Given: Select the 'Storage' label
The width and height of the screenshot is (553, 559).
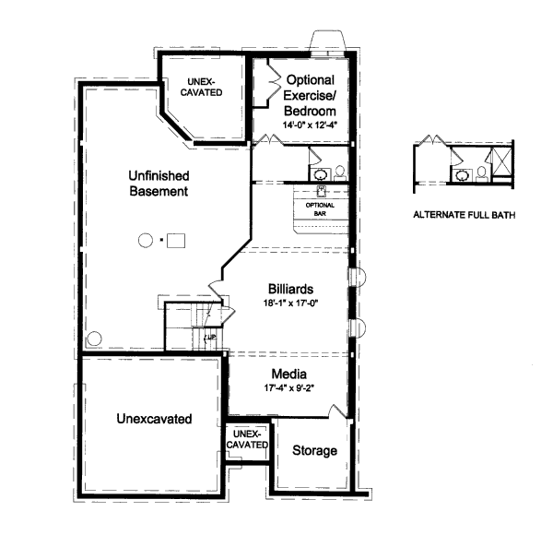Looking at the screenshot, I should coord(314,450).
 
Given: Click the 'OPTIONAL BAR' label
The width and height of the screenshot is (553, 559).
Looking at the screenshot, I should coord(321,208).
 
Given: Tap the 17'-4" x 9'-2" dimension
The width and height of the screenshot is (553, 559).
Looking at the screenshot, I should coord(288,389).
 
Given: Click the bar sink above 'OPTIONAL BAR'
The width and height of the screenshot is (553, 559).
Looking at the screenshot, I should coord(322,190).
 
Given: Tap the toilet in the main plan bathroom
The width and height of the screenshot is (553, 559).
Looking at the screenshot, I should coord(339,172).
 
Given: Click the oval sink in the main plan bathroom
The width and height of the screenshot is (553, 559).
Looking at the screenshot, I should coord(320,172).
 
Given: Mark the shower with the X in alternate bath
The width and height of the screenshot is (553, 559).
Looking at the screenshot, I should coord(501,166).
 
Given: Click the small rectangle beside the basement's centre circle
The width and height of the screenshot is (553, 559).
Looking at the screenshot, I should coord(175,241).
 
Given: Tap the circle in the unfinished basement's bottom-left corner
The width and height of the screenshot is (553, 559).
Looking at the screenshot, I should coord(93,339).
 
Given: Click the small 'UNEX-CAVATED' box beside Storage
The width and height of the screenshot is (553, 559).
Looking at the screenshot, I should coord(247,440).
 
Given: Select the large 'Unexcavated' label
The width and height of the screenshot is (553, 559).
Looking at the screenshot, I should coord(154,419).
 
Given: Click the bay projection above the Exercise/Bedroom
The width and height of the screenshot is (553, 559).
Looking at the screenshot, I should coord(327,42).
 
